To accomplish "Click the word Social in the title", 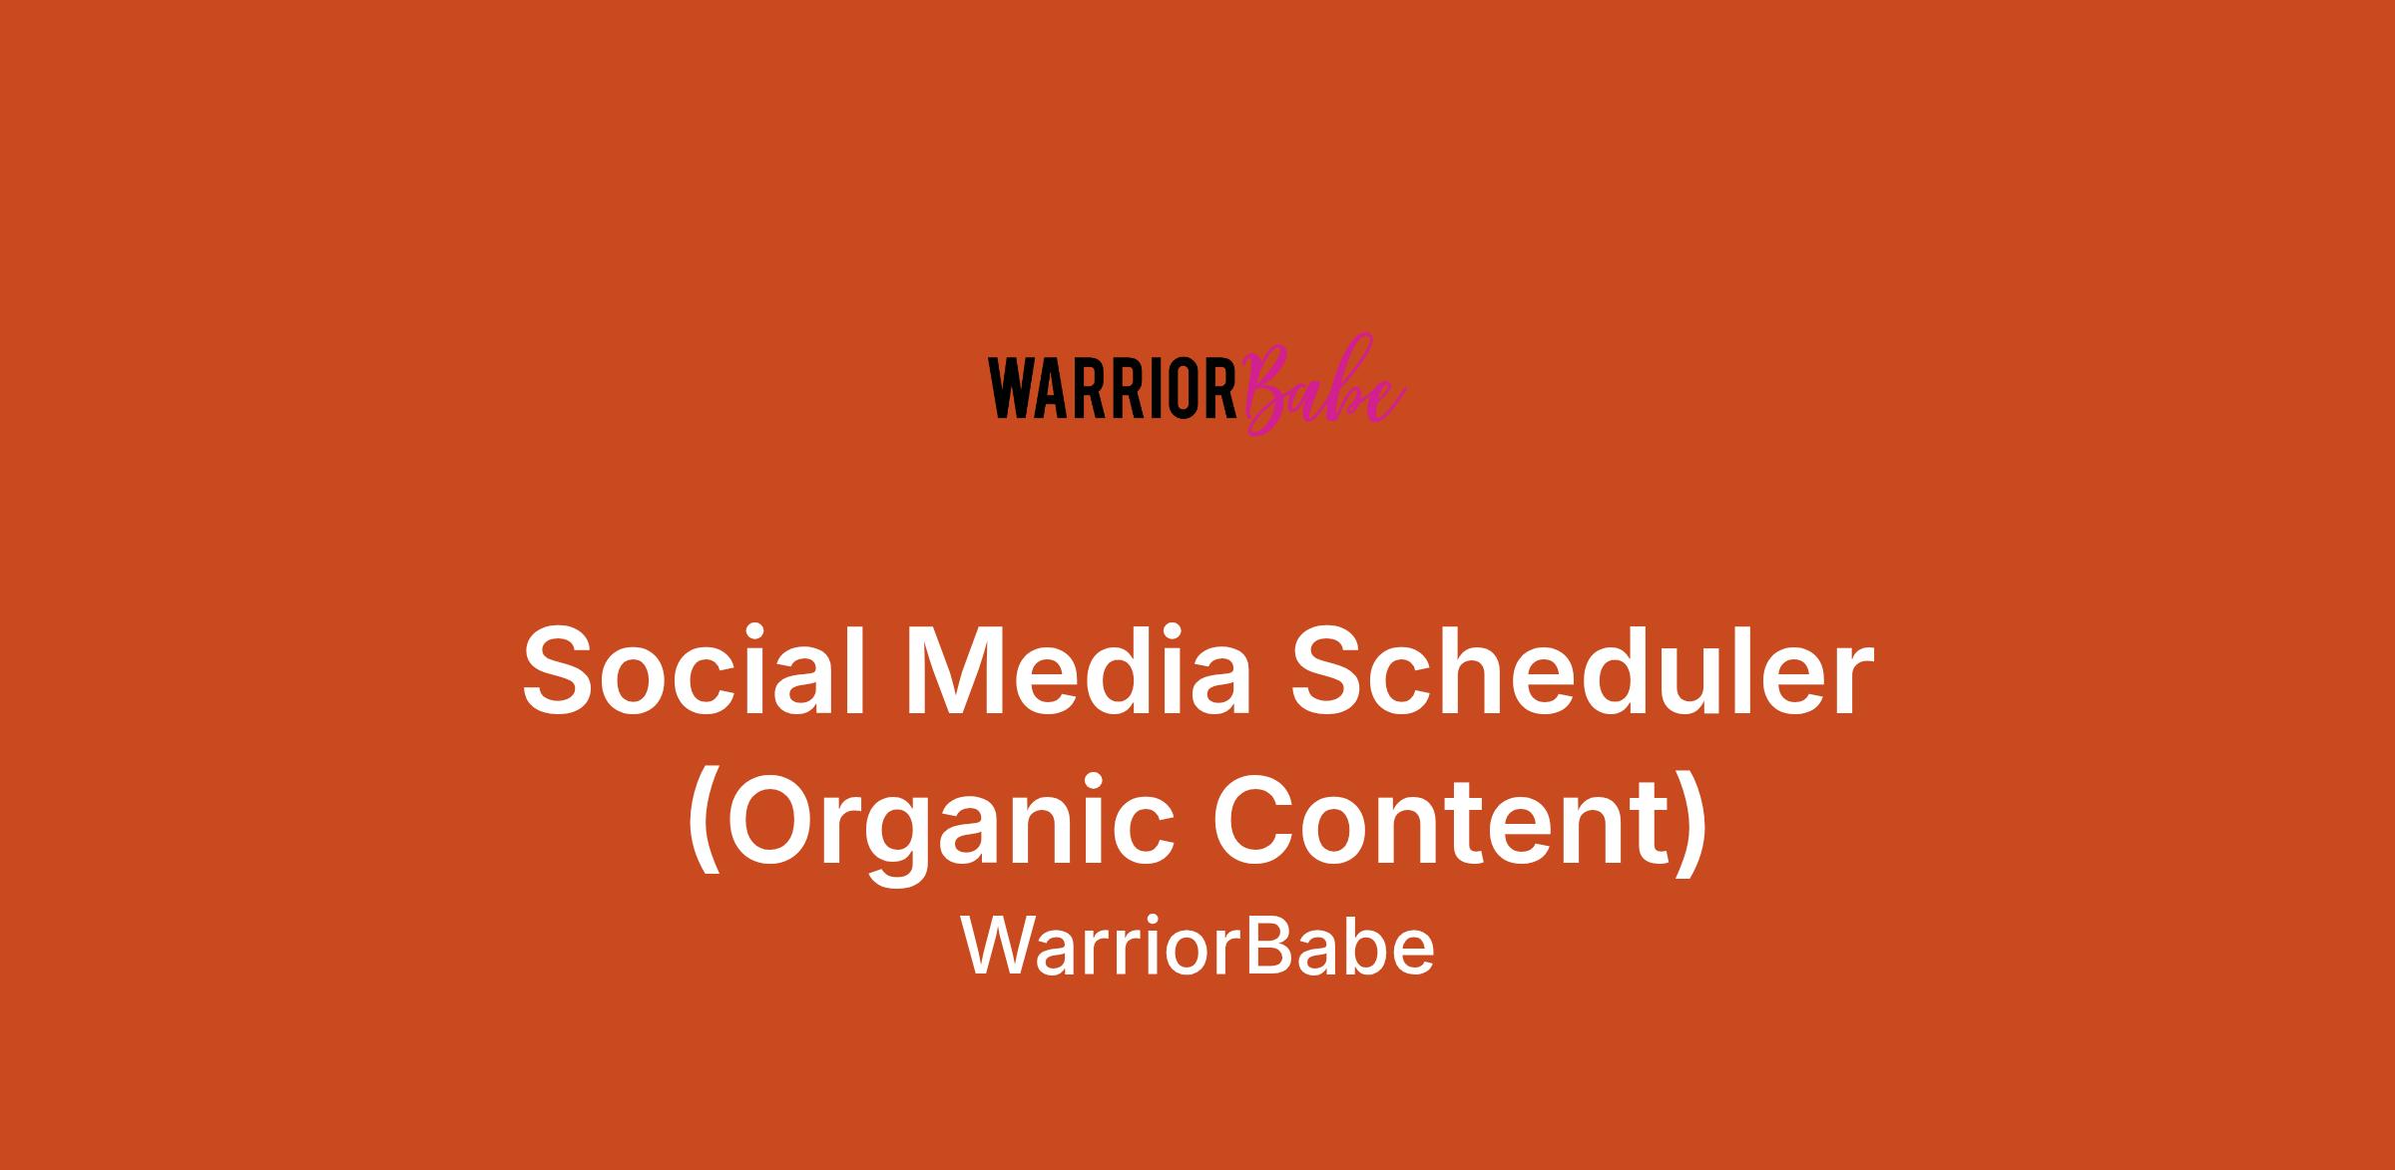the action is tap(695, 670).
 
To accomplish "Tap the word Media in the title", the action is tap(1078, 670).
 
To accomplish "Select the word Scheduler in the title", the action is tap(1583, 670).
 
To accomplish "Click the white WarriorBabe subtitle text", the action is tap(1197, 947).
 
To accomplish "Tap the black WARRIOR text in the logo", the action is tap(1113, 390).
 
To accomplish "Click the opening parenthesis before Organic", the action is tap(704, 823).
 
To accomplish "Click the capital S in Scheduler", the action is tap(1331, 670).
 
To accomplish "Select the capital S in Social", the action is tap(563, 670).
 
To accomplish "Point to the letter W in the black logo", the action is tap(1009, 390).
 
